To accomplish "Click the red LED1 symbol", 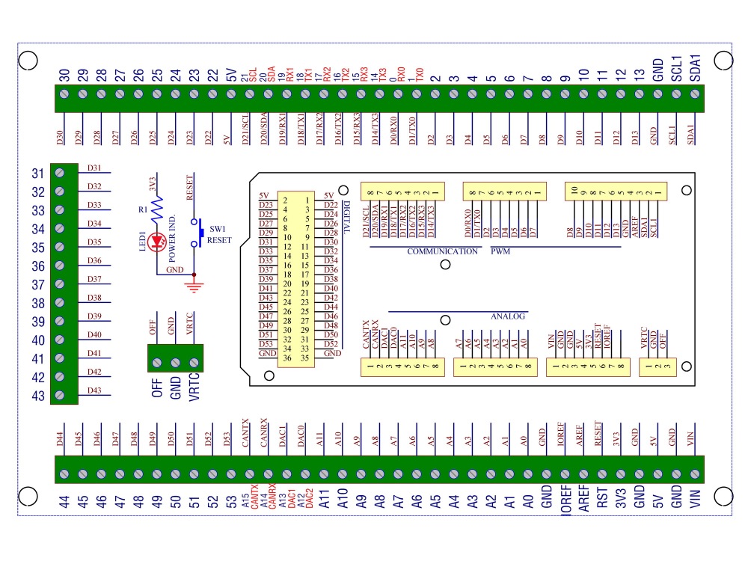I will click(157, 242).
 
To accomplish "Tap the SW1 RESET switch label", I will click(219, 234).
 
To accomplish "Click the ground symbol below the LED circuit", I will click(194, 283).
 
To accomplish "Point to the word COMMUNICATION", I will click(442, 251).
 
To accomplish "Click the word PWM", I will click(500, 251).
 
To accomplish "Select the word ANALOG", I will click(509, 316).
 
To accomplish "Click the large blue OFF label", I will click(157, 387).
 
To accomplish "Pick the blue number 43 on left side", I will click(38, 396).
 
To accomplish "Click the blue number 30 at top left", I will click(64, 75).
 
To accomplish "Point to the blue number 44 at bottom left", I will click(64, 500).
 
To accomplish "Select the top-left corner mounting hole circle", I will click(27, 60).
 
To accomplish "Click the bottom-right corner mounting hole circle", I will click(723, 494).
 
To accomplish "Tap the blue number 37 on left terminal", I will click(38, 285).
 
